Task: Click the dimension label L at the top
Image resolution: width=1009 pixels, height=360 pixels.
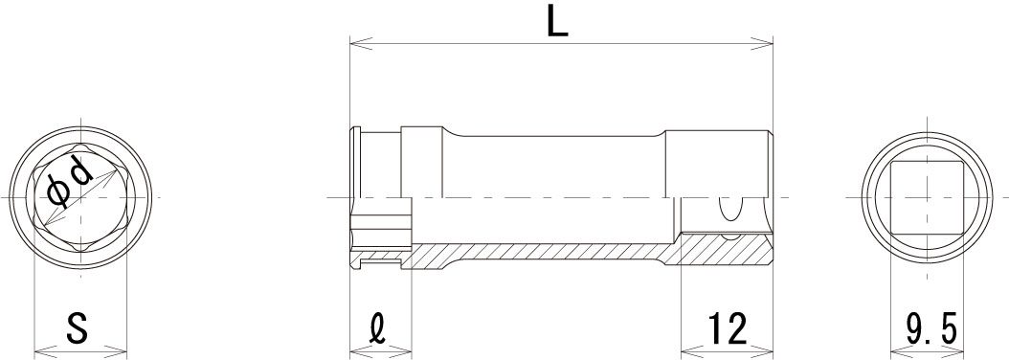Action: [557, 22]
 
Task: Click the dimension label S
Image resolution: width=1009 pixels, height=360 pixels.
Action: [78, 327]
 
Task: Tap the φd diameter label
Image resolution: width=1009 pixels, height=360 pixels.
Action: [70, 182]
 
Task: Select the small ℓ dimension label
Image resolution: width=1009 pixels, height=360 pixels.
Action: [379, 328]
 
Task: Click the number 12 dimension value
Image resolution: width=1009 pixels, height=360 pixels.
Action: [728, 327]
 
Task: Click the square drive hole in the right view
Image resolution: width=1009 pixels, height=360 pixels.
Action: [927, 197]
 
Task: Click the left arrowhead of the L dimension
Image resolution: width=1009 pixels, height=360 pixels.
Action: [360, 43]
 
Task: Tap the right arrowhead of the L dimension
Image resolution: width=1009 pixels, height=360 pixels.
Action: [762, 43]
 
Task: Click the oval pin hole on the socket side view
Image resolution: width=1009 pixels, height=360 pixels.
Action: [729, 210]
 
